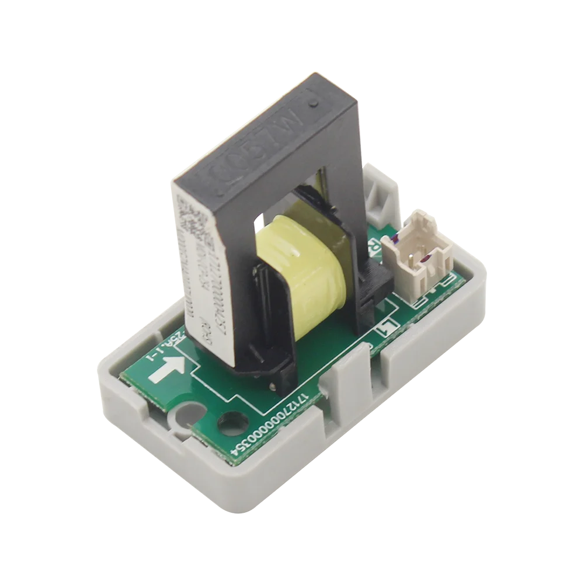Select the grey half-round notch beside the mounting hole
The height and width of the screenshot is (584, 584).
[182, 416]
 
